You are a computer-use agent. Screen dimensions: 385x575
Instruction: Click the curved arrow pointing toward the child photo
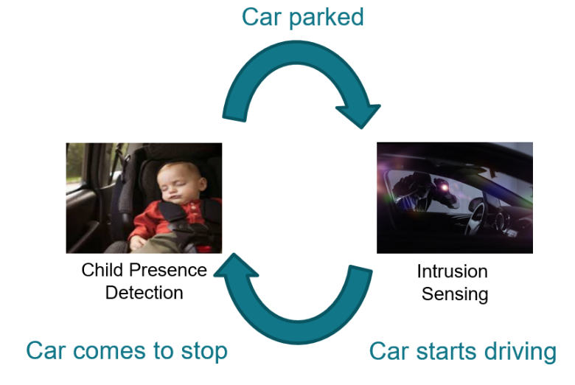point(295,299)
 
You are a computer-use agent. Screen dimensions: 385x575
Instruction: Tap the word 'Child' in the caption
point(102,270)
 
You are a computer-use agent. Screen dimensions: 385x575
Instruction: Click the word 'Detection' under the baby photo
point(144,292)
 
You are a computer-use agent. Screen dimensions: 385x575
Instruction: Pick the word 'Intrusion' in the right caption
point(452,271)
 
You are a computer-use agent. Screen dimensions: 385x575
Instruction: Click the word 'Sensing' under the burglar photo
point(455,294)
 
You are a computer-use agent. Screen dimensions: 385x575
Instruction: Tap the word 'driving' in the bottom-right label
point(520,352)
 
